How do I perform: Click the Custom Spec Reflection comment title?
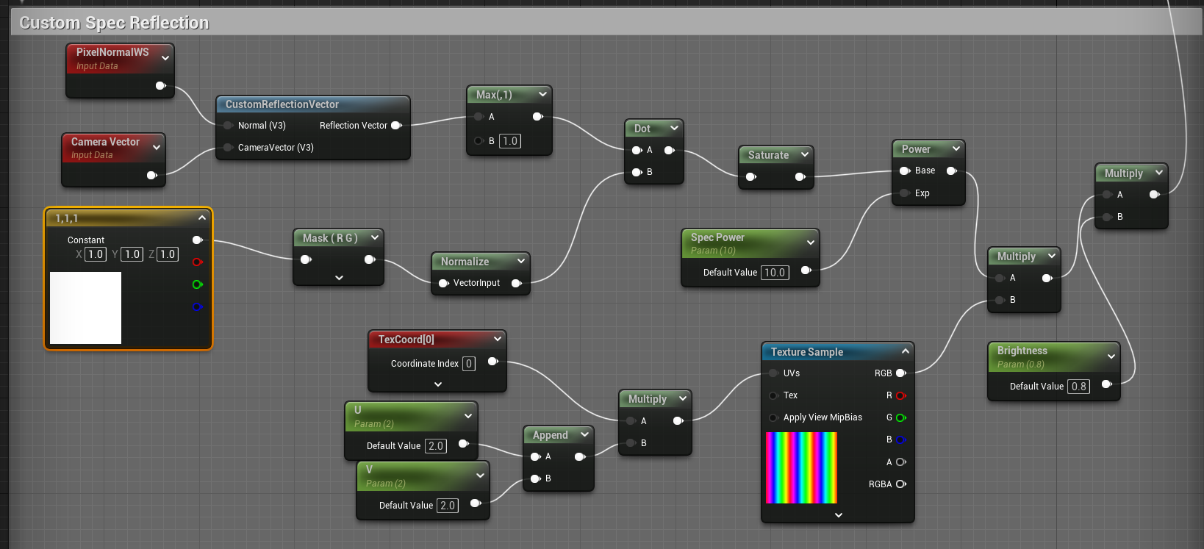pyautogui.click(x=114, y=23)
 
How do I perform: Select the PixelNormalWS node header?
pyautogui.click(x=120, y=59)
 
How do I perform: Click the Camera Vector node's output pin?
pyautogui.click(x=152, y=175)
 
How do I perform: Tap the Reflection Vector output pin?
pyautogui.click(x=396, y=125)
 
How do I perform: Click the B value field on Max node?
pyautogui.click(x=509, y=141)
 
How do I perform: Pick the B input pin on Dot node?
pyautogui.click(x=637, y=172)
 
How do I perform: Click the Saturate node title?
pyautogui.click(x=769, y=155)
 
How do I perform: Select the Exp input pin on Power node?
pyautogui.click(x=905, y=193)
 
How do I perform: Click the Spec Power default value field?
pyautogui.click(x=775, y=273)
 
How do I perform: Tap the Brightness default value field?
pyautogui.click(x=1078, y=387)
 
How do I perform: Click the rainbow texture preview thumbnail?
pyautogui.click(x=801, y=467)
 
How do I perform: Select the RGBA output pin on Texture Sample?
pyautogui.click(x=901, y=484)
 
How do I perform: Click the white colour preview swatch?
pyautogui.click(x=85, y=308)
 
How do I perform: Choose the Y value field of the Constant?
pyautogui.click(x=132, y=254)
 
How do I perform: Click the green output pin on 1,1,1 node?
pyautogui.click(x=197, y=284)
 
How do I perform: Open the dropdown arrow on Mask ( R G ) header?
pyautogui.click(x=375, y=237)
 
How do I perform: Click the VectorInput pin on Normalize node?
pyautogui.click(x=443, y=283)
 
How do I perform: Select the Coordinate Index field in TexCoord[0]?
pyautogui.click(x=469, y=364)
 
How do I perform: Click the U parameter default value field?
pyautogui.click(x=435, y=446)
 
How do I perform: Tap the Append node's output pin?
pyautogui.click(x=580, y=456)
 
